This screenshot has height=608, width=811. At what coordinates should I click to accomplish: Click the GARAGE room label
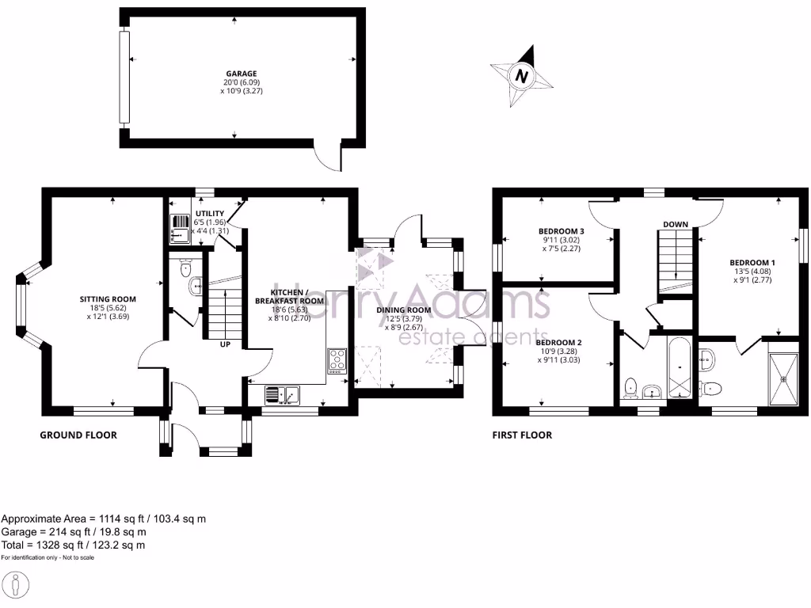click(234, 73)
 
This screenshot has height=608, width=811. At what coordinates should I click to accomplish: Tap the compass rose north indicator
click(521, 76)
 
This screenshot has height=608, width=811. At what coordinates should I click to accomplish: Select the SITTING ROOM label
click(108, 299)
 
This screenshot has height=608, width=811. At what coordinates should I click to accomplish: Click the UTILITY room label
click(209, 214)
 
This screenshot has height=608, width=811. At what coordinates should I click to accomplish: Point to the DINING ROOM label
click(409, 310)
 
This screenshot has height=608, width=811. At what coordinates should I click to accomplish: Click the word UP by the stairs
click(226, 344)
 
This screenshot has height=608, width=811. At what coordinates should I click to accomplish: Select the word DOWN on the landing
click(676, 224)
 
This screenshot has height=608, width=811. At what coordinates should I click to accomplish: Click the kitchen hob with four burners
click(336, 360)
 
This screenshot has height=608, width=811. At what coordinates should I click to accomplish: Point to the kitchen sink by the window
click(281, 393)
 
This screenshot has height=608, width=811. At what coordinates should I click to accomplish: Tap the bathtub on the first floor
click(680, 368)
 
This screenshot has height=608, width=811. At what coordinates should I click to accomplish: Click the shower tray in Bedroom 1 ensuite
click(783, 378)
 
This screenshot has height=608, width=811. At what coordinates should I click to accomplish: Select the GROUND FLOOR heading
click(79, 435)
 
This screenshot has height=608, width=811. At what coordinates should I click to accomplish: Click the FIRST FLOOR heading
click(522, 435)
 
